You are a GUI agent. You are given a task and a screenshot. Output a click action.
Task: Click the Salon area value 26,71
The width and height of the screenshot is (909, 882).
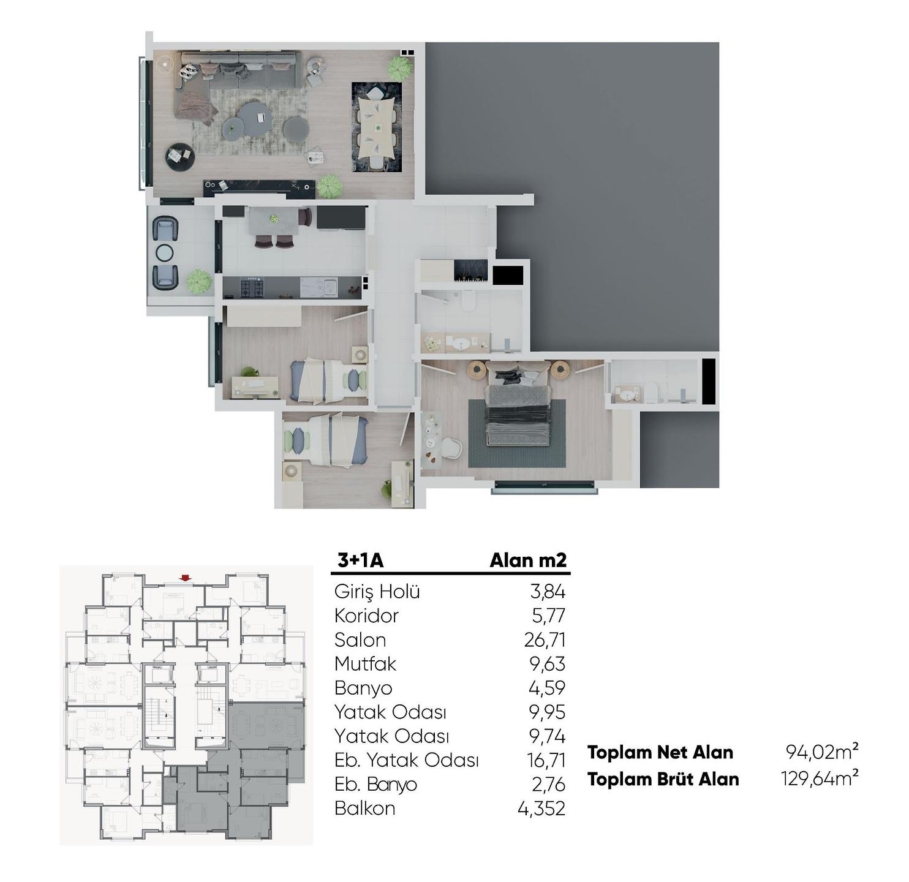545,640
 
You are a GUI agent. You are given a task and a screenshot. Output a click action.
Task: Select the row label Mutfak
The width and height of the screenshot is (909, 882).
365,664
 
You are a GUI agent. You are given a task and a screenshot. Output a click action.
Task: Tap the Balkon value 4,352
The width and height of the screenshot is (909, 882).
541,809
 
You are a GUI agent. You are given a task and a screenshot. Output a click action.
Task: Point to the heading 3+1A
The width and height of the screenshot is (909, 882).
360,560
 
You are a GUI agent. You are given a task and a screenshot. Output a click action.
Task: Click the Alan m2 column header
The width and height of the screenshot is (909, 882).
528,560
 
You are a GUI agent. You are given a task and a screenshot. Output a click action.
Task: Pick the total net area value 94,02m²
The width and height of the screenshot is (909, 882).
822,752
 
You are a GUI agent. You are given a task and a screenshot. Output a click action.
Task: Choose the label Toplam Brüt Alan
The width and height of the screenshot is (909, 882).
663,779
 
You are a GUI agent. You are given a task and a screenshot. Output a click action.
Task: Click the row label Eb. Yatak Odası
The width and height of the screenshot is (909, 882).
407,761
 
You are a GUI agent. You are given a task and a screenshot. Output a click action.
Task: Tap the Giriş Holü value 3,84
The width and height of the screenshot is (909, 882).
548,592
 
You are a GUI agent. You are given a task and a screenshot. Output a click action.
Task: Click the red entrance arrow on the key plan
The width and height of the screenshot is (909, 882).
186,578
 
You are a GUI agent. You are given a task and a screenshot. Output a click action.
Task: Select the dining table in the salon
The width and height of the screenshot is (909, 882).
377,127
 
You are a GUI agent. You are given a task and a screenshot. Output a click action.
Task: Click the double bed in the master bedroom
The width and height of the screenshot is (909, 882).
517,405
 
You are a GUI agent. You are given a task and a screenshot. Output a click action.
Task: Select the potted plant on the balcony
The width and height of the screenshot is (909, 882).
200,282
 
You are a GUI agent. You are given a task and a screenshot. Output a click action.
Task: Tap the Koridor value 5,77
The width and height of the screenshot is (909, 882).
549,616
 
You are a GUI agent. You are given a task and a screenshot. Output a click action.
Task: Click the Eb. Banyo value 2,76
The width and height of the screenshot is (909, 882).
548,785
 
